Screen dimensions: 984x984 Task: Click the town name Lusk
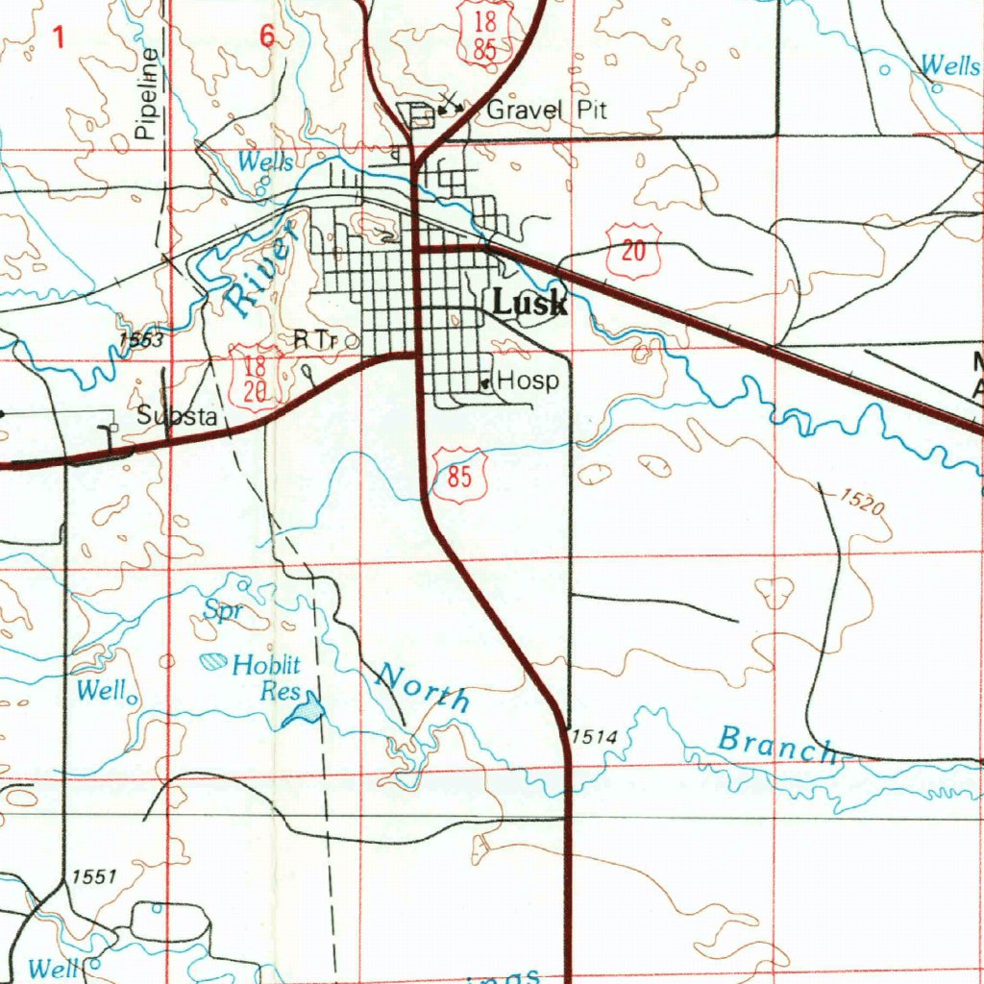click(529, 304)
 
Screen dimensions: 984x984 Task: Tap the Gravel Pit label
click(547, 110)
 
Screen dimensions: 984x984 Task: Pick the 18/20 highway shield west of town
click(255, 378)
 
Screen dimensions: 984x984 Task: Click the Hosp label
click(528, 381)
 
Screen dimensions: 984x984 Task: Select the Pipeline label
click(146, 95)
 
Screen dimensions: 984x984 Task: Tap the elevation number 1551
click(93, 876)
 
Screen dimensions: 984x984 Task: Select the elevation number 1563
click(141, 339)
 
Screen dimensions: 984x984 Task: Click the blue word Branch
click(777, 745)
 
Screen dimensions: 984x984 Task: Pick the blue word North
click(423, 687)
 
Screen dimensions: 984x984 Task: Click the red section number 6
click(266, 37)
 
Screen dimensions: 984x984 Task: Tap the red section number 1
click(60, 38)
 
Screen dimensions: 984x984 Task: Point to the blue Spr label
click(221, 611)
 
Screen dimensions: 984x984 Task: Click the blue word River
click(257, 280)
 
